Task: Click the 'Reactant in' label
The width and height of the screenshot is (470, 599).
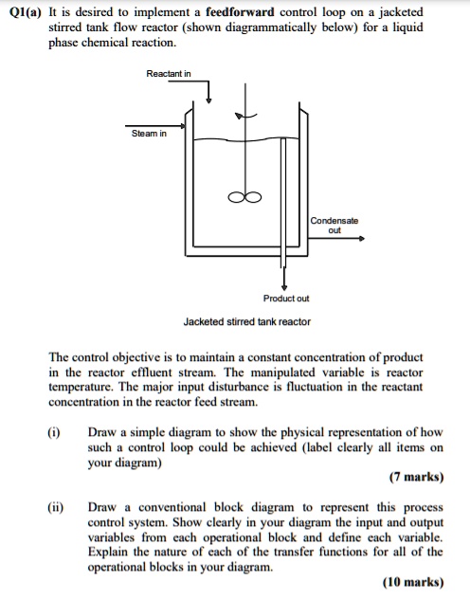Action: [169, 73]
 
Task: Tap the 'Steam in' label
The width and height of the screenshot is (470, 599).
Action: [149, 134]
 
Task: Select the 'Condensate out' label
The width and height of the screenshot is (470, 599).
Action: [334, 225]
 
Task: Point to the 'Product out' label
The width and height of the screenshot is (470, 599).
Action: [286, 298]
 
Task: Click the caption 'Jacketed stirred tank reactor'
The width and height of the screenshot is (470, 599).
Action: [246, 322]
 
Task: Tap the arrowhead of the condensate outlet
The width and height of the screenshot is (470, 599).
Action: [361, 239]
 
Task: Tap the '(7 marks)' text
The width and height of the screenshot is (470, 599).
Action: [417, 479]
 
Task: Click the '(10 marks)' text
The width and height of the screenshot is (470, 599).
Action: [414, 582]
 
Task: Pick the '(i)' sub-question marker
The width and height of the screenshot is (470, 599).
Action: [55, 431]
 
